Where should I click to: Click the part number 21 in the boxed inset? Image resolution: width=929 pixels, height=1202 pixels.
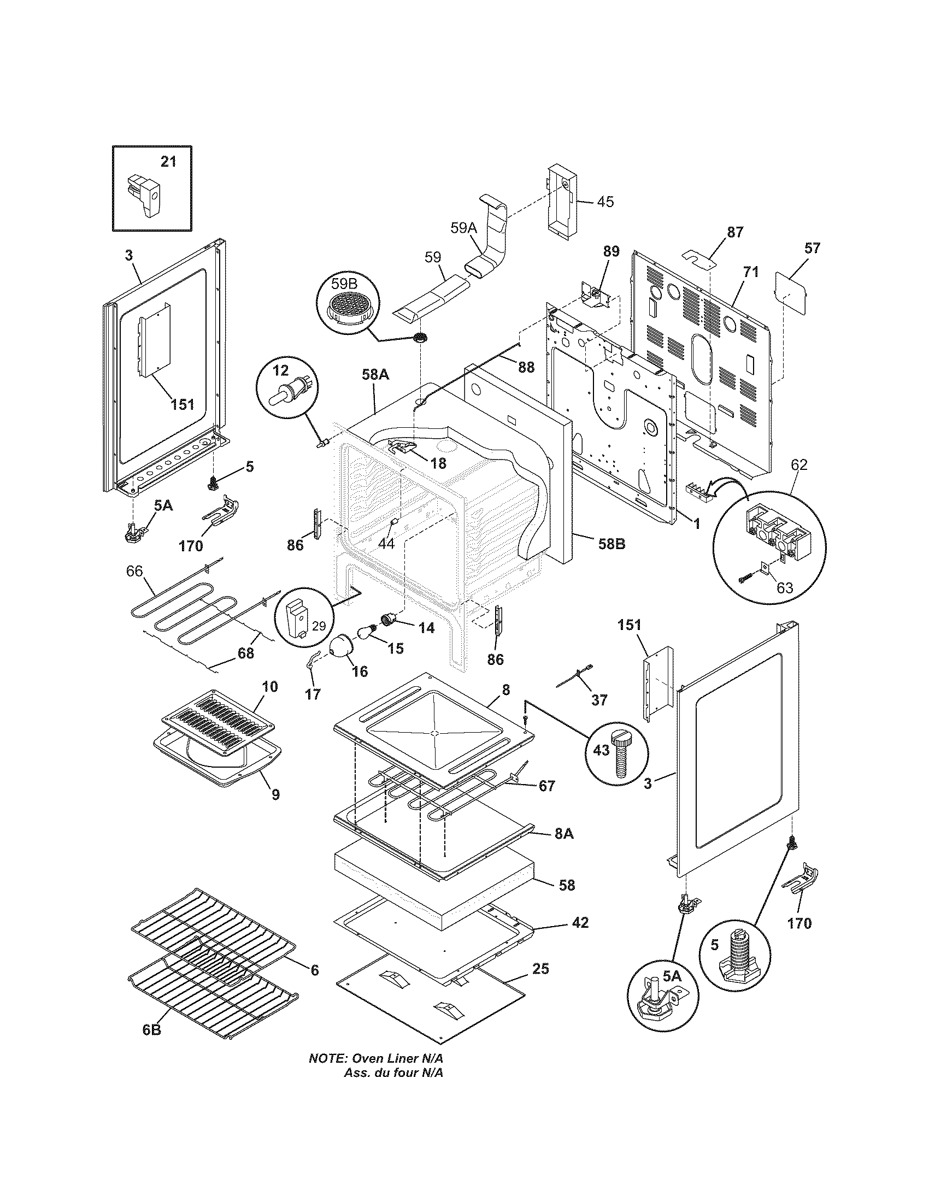point(168,162)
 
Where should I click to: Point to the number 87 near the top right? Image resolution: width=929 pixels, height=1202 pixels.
point(734,232)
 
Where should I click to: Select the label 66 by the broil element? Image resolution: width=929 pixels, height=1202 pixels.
point(134,571)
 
